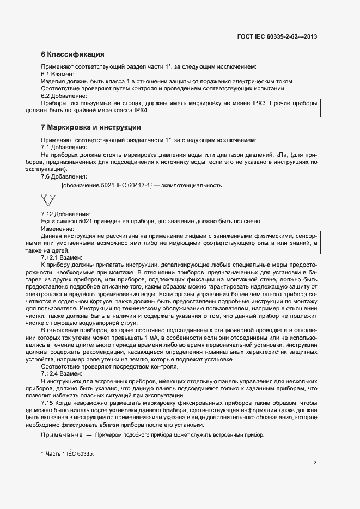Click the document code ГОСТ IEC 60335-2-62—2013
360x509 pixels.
(x=277, y=37)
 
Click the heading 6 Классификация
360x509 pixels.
(x=72, y=54)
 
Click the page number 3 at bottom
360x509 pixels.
(x=315, y=463)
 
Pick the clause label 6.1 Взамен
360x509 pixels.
(x=57, y=73)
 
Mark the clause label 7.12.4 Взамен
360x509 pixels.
(x=62, y=375)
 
